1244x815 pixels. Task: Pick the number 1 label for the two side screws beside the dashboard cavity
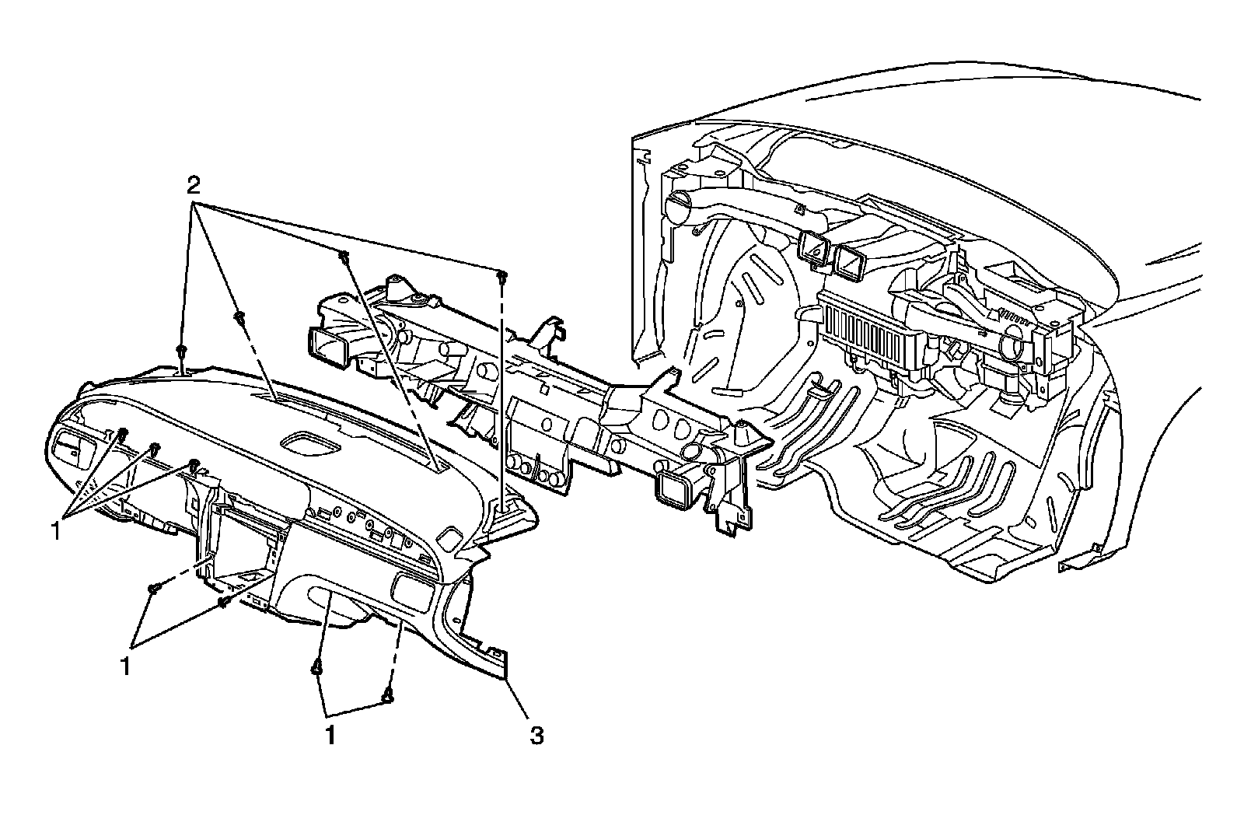click(124, 665)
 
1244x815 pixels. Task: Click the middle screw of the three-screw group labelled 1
click(154, 448)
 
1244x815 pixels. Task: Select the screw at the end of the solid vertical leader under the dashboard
click(317, 666)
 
